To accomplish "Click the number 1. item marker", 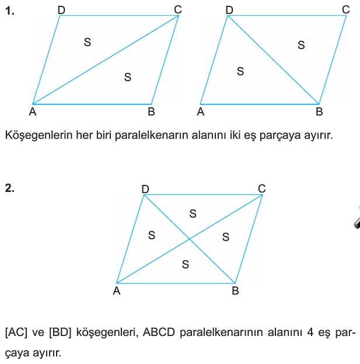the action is tap(9, 10).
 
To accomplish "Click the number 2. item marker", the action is tap(9, 188).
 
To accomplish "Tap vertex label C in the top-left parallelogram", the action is tap(178, 10).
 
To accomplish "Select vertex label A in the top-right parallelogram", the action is tap(201, 112).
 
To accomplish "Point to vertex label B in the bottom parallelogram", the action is tap(235, 290).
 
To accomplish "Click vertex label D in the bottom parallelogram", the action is tap(145, 190).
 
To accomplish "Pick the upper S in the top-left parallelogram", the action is tap(88, 42).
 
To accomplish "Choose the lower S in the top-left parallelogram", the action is tap(128, 77).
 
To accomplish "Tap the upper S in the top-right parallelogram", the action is tap(301, 45).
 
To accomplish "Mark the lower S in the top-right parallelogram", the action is tap(240, 71).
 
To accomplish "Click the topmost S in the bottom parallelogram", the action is tap(193, 213).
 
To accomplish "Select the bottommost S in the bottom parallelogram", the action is tap(186, 264).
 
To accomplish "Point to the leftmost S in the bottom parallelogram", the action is tap(152, 236).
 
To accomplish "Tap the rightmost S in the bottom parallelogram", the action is tap(226, 237).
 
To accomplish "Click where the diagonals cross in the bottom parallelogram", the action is tap(190, 239).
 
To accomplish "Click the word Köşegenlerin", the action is tap(39, 135).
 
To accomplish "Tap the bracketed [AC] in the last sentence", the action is tap(16, 332).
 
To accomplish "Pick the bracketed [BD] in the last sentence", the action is tap(60, 332).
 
